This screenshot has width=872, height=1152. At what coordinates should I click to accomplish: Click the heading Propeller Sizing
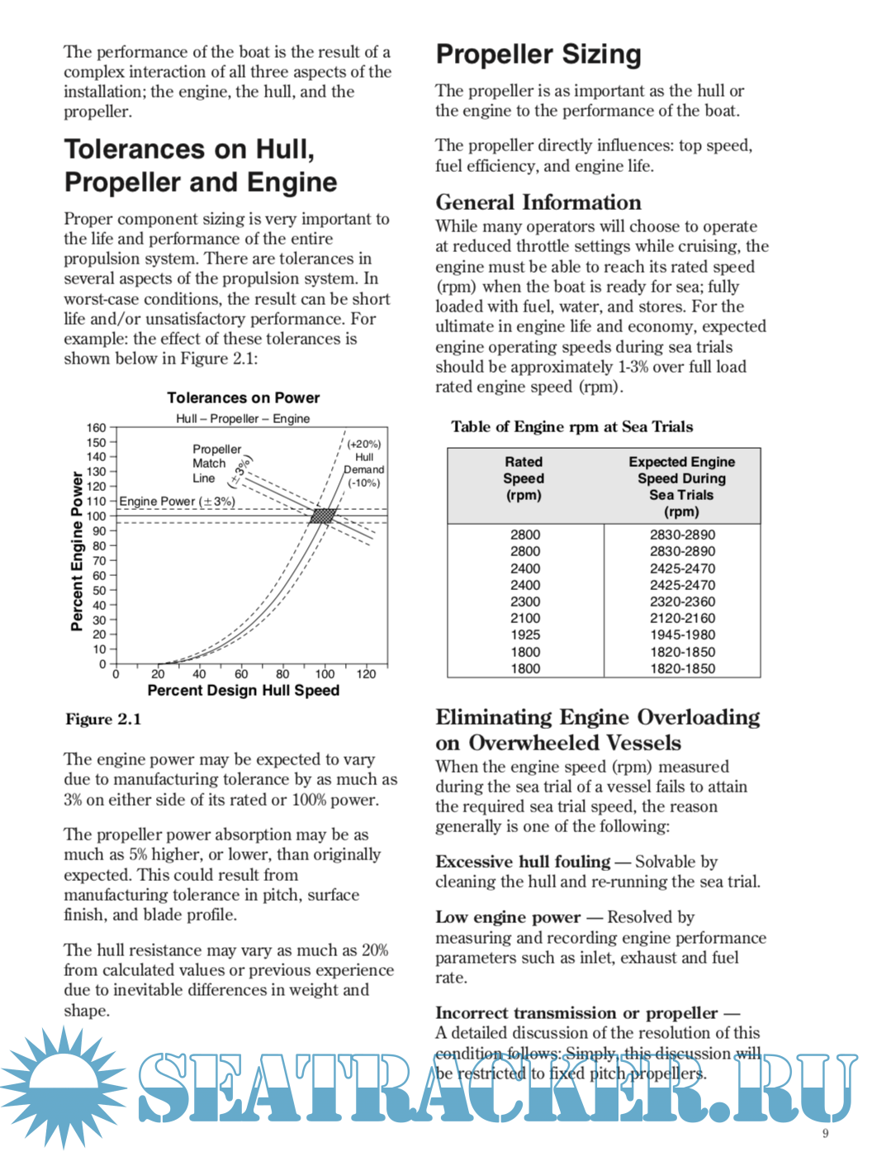[538, 55]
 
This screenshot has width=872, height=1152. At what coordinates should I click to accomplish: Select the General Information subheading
[538, 202]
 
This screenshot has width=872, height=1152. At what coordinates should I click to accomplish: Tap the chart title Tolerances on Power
[243, 397]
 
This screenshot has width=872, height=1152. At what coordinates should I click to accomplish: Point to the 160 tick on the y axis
[97, 428]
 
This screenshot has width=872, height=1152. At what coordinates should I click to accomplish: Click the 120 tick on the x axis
[366, 674]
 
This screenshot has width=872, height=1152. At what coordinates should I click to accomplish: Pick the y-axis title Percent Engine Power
[77, 551]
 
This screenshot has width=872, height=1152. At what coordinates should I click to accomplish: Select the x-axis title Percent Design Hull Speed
[243, 690]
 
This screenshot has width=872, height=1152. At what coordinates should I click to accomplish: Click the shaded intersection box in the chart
[323, 516]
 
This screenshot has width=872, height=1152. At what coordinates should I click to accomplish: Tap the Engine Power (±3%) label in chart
[177, 502]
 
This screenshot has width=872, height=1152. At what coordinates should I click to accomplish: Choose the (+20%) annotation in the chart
[364, 444]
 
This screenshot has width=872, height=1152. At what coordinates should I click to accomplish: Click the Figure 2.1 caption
[103, 719]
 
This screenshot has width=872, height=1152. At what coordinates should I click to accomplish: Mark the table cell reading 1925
[525, 635]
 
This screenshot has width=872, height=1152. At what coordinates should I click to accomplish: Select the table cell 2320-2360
[682, 602]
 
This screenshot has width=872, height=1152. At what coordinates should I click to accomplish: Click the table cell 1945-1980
[682, 635]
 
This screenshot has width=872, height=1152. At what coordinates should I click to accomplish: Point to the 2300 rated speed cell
[525, 602]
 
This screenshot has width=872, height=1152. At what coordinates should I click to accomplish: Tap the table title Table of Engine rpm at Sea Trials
[571, 426]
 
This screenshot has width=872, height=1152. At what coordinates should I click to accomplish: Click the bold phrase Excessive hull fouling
[523, 862]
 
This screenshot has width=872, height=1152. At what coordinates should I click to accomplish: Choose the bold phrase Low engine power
[508, 917]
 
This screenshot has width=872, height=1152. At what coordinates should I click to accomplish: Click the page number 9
[825, 1133]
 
